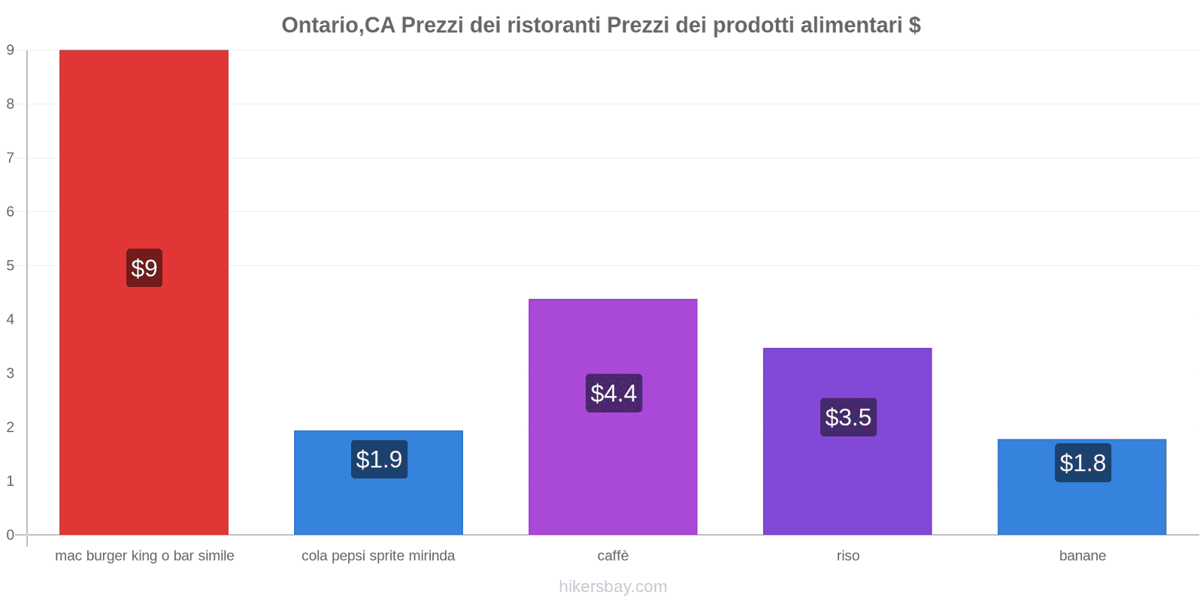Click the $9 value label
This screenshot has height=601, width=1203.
click(144, 268)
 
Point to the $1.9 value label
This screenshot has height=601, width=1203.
click(379, 459)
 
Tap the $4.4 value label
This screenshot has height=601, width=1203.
click(614, 393)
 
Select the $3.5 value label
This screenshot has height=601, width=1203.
click(848, 417)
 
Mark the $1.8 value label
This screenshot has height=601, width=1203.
click(1083, 463)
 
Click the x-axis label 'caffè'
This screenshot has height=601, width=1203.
click(613, 556)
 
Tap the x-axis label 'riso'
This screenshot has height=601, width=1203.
click(848, 556)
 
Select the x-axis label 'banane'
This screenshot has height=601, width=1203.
click(1083, 556)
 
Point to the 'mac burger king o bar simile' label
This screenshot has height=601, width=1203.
click(144, 556)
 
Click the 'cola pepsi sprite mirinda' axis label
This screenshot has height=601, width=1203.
click(378, 556)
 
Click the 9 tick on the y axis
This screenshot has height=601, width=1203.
click(11, 50)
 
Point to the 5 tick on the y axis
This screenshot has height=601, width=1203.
click(11, 266)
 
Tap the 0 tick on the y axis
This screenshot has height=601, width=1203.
click(11, 535)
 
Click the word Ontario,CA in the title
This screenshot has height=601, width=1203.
click(338, 26)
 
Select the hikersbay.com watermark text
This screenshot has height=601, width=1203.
click(613, 587)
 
